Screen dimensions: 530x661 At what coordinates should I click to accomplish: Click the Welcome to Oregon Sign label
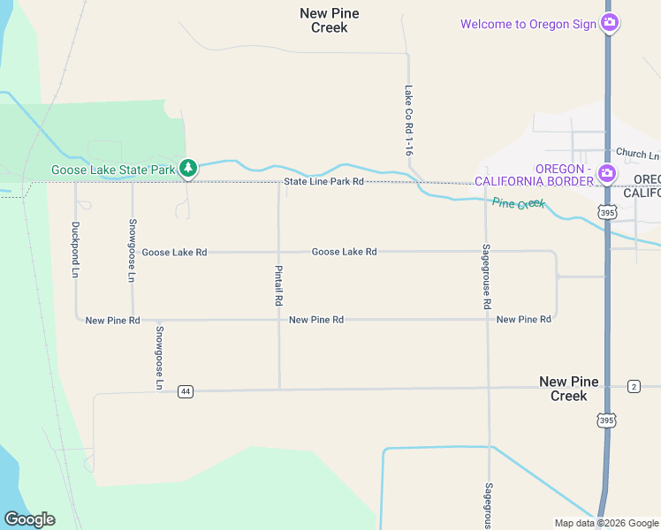528,24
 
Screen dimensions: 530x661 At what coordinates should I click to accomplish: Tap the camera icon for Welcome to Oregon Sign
609,23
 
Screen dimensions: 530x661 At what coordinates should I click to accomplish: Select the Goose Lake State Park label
113,170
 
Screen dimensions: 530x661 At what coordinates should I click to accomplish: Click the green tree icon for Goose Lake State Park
187,168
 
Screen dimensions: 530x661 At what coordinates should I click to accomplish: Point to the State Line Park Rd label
323,182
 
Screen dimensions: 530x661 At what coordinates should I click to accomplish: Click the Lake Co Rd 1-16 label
408,121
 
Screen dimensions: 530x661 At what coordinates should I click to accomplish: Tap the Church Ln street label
637,154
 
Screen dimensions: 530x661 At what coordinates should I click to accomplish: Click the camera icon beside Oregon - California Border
607,174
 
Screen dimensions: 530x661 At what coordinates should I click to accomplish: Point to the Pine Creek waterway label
519,204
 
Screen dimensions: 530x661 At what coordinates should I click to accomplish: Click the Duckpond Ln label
75,250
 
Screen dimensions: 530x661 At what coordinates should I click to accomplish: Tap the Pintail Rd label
278,286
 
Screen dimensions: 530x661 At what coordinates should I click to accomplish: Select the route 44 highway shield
185,391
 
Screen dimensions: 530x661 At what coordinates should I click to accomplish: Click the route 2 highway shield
634,386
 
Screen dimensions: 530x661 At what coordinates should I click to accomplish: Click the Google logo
29,519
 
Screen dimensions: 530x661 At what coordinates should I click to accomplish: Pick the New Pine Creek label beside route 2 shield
569,389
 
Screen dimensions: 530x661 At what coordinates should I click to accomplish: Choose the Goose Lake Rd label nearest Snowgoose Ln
174,253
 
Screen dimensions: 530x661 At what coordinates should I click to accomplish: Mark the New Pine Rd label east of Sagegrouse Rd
524,319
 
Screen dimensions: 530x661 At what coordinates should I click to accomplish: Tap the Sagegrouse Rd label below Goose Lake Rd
486,276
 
